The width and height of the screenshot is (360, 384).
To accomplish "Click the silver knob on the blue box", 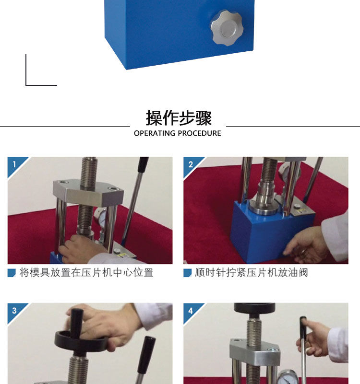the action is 227,28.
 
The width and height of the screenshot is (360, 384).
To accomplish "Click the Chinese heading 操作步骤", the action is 179,118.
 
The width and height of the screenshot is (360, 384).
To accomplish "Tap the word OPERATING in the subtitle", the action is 155,133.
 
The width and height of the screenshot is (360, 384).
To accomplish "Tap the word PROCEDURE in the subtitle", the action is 199,133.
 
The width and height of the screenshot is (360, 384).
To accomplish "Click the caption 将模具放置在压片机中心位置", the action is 86,273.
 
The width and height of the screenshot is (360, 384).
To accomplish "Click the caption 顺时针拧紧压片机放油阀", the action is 252,273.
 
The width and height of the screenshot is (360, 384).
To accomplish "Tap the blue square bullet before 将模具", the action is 12,273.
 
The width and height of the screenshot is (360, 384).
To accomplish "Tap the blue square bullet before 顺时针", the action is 187,273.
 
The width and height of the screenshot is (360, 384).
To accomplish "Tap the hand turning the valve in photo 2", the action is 304,244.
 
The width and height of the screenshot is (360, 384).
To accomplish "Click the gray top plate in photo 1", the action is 88,191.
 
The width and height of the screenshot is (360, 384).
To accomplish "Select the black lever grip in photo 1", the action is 143,165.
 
